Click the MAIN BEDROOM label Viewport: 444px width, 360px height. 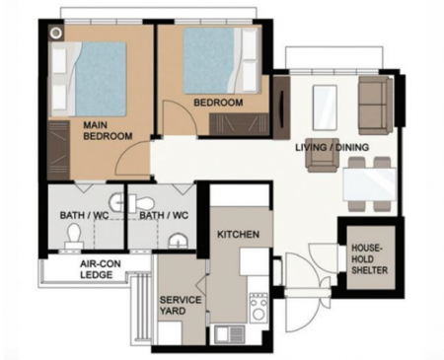pyautogui.click(x=108, y=130)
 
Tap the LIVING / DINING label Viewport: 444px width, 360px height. pyautogui.click(x=332, y=147)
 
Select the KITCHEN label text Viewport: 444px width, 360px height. pyautogui.click(x=238, y=235)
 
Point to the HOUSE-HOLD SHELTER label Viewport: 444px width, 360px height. pyautogui.click(x=369, y=259)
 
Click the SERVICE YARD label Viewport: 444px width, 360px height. pyautogui.click(x=181, y=305)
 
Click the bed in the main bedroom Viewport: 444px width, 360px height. pyautogui.click(x=88, y=79)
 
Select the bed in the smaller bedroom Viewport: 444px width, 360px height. pyautogui.click(x=221, y=60)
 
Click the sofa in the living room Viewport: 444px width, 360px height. pyautogui.click(x=375, y=106)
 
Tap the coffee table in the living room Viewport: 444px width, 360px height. pyautogui.click(x=325, y=108)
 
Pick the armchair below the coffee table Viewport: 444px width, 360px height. pyautogui.click(x=323, y=155)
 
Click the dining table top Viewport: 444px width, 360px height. pyautogui.click(x=369, y=184)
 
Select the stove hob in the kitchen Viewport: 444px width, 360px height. pyautogui.click(x=259, y=308)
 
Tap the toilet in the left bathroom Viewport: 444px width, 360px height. pyautogui.click(x=73, y=236)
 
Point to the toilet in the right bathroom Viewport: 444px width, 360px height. pyautogui.click(x=140, y=203)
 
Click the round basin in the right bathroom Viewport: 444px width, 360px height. pyautogui.click(x=179, y=241)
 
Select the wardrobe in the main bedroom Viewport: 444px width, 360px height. pyautogui.click(x=58, y=150)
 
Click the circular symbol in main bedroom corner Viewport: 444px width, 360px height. pyautogui.click(x=57, y=33)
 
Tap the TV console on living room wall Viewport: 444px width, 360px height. pyautogui.click(x=282, y=106)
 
